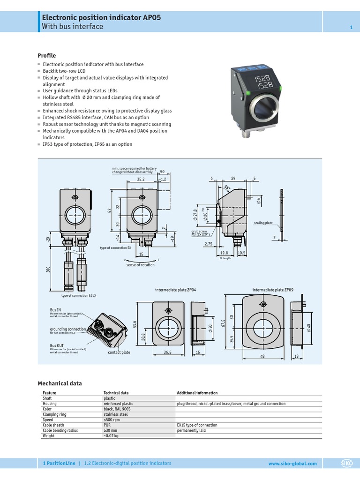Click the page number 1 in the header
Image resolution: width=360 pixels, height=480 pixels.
point(351,28)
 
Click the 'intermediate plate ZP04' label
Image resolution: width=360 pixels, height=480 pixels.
point(175,290)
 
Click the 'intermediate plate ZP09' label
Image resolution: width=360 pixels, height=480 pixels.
point(269,290)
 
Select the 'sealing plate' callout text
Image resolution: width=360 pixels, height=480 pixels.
point(263,223)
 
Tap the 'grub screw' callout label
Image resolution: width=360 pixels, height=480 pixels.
point(199,231)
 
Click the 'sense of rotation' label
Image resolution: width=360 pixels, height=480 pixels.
point(141,265)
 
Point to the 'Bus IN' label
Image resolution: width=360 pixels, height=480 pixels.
point(55,310)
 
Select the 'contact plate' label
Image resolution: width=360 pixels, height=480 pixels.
point(119,352)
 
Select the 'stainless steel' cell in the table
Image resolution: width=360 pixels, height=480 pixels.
point(115,414)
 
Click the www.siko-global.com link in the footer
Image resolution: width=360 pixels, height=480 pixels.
point(292,464)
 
